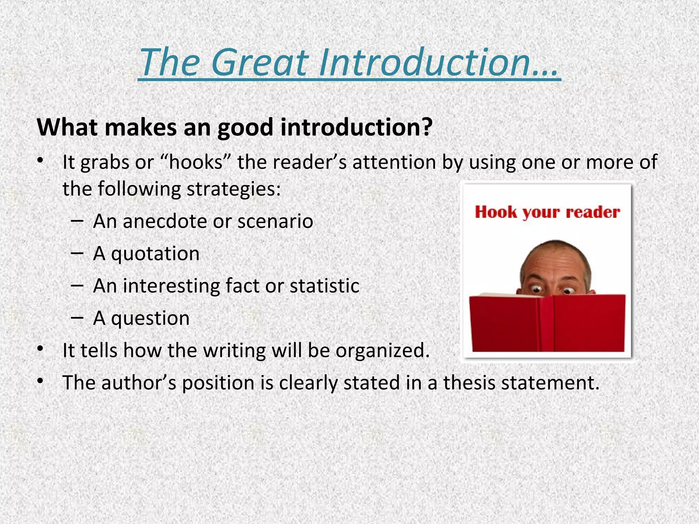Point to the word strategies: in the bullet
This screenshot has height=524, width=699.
(x=233, y=189)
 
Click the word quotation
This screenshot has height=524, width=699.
(x=155, y=253)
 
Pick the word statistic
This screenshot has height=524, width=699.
(x=324, y=286)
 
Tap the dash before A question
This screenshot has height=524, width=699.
(x=77, y=317)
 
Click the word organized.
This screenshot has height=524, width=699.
(x=382, y=350)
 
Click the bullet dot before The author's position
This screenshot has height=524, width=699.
(x=40, y=381)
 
